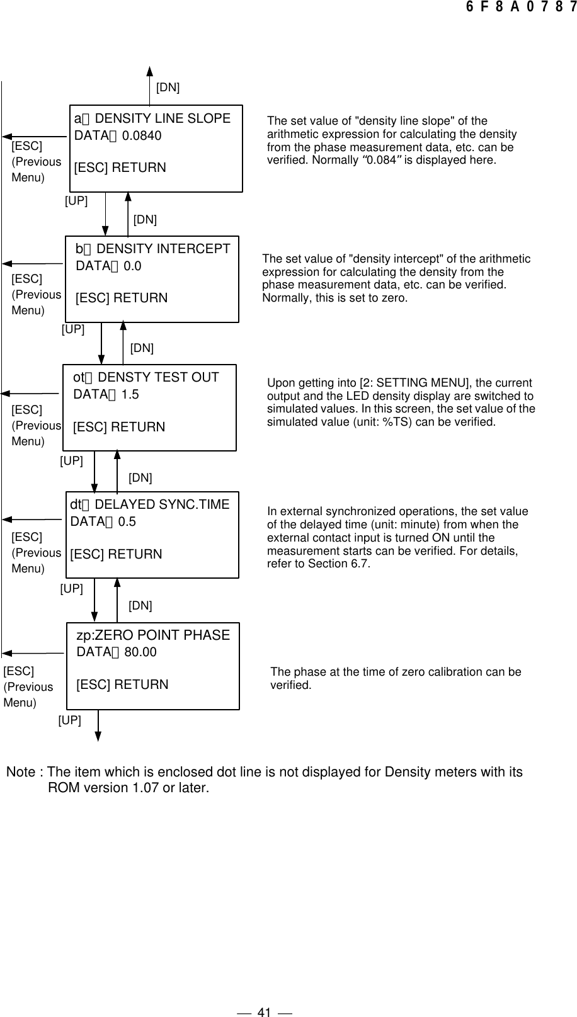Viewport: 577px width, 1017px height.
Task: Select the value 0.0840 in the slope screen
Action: tap(142, 135)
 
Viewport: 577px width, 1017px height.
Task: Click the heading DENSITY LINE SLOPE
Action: tap(163, 118)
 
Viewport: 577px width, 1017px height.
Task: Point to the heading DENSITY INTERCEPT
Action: tap(164, 249)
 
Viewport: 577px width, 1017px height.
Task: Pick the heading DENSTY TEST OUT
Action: tap(159, 377)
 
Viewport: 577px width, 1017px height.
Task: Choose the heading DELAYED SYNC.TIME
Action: tap(162, 504)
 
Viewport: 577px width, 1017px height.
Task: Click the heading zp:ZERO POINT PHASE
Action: tap(153, 635)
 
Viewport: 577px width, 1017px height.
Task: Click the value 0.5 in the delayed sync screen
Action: tap(127, 521)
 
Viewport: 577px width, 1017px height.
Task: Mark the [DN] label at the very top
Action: tap(168, 88)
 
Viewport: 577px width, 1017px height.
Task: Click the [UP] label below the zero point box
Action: tap(69, 720)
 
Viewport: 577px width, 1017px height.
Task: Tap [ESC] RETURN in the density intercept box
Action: tap(122, 298)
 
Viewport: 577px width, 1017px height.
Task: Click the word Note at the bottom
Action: tap(21, 772)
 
